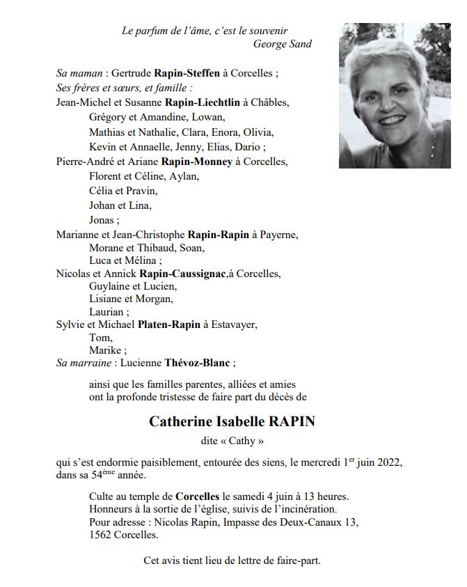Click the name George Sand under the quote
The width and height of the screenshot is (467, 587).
click(x=283, y=45)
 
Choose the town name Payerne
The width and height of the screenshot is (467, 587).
click(x=278, y=235)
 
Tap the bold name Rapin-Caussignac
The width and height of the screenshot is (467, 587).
click(x=182, y=274)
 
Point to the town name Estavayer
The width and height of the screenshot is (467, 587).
click(x=235, y=324)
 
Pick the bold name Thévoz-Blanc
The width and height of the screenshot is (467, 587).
click(x=198, y=363)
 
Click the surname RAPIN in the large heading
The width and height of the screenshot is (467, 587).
click(x=287, y=422)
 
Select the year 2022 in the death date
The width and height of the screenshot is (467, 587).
click(x=389, y=462)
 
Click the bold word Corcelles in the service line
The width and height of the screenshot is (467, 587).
click(x=198, y=496)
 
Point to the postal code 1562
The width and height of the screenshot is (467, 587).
click(x=102, y=536)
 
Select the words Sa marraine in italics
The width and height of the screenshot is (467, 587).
click(x=84, y=363)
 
